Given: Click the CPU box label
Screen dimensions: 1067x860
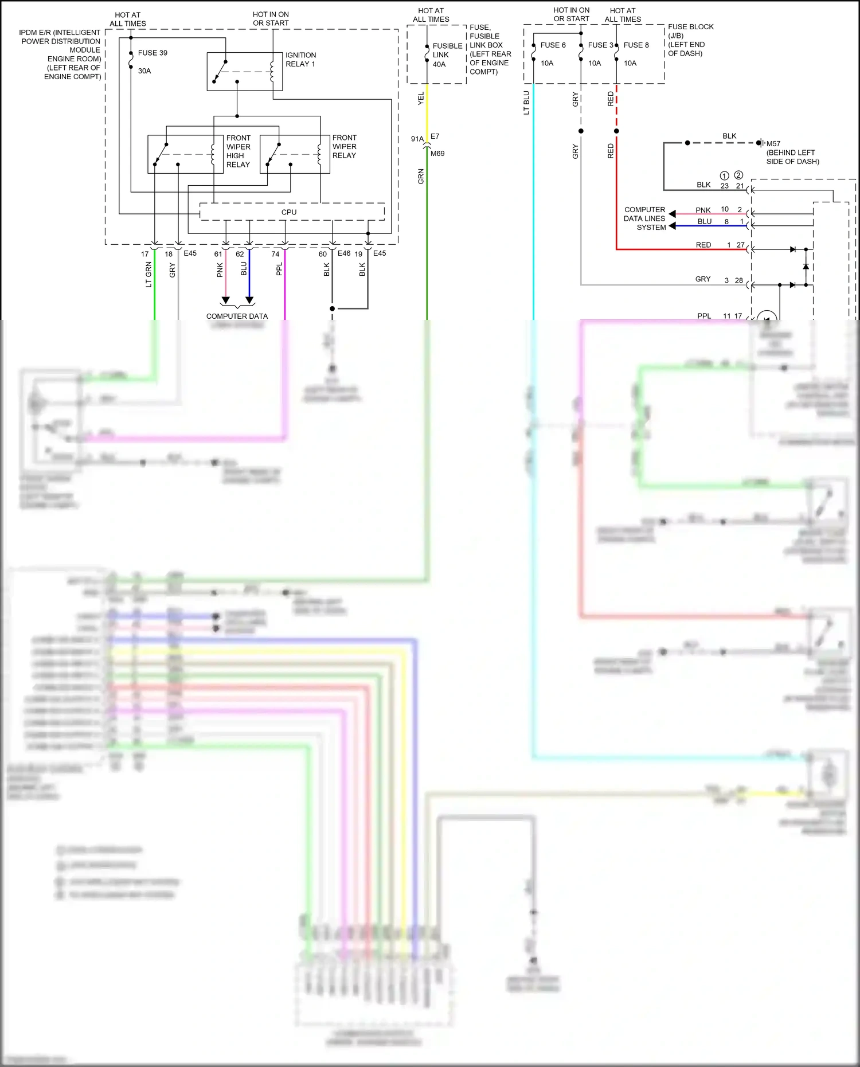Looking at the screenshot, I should [x=289, y=212].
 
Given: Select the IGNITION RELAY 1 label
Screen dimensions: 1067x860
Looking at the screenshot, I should [x=300, y=60].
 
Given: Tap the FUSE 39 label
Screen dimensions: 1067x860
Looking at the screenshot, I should [x=153, y=53].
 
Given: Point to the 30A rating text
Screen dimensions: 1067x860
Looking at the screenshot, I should [x=144, y=71].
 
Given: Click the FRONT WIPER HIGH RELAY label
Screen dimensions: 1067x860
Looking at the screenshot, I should [x=238, y=151].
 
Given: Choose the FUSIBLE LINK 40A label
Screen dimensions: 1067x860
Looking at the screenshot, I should [x=447, y=55].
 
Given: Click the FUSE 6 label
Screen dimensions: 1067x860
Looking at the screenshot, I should [x=553, y=45].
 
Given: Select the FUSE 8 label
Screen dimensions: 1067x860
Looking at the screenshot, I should [x=636, y=45].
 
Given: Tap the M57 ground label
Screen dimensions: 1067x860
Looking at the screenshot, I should [x=773, y=144].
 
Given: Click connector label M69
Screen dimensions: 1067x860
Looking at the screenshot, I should [x=437, y=154].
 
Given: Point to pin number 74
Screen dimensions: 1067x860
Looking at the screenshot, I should [x=275, y=254].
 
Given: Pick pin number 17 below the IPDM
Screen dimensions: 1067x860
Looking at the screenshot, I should [x=145, y=254].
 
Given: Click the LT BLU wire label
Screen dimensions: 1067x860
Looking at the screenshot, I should [x=526, y=103].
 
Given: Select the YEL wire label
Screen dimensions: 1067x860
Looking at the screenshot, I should [x=421, y=98].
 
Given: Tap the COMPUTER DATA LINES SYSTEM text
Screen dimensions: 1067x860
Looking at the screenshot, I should [x=644, y=218].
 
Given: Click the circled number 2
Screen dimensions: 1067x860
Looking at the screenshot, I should [x=738, y=175].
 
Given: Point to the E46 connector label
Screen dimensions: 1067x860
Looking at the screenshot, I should [x=344, y=253].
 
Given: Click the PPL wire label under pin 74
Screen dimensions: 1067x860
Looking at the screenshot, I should [x=279, y=269].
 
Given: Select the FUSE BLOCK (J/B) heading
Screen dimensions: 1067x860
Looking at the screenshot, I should [x=690, y=31].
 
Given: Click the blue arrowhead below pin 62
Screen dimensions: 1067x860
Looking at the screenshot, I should [x=249, y=300].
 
